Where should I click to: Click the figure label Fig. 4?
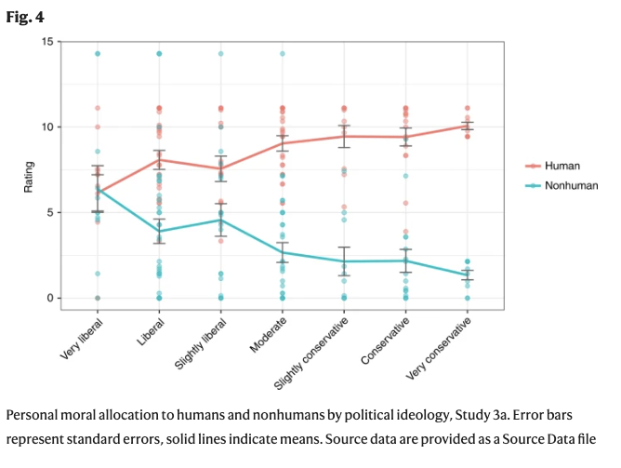pyautogui.click(x=21, y=17)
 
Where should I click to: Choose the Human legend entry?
pyautogui.click(x=563, y=166)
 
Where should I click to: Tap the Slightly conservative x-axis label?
pyautogui.click(x=313, y=353)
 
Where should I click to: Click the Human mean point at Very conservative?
pyautogui.click(x=467, y=126)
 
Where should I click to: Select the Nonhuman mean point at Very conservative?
pyautogui.click(x=467, y=274)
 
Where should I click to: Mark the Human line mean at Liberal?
pyautogui.click(x=159, y=159)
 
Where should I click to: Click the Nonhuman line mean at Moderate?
pyautogui.click(x=283, y=252)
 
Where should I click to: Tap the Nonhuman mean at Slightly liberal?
pyautogui.click(x=220, y=220)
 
